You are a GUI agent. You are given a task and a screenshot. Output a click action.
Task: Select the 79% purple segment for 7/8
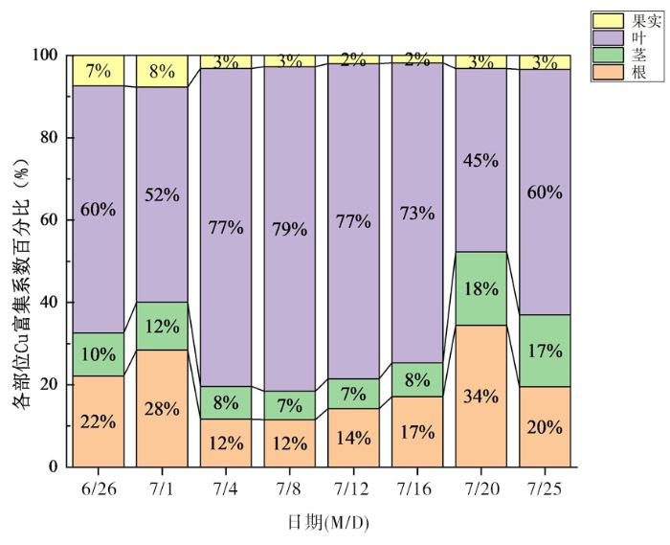coord(289,230)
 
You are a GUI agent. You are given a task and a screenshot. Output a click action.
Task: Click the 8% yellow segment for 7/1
coord(161,71)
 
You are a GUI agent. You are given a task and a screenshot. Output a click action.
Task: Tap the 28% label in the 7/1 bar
coord(161,409)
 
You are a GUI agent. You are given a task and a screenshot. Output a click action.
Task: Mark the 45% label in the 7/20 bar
coord(480,161)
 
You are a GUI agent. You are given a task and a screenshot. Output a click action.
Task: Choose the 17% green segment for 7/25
coord(545,351)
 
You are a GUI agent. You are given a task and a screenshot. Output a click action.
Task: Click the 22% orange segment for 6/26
coord(98,421)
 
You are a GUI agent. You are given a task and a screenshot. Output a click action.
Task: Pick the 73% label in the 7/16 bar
coord(416,214)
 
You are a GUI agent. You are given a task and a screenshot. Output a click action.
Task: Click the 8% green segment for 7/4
coord(225,402)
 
